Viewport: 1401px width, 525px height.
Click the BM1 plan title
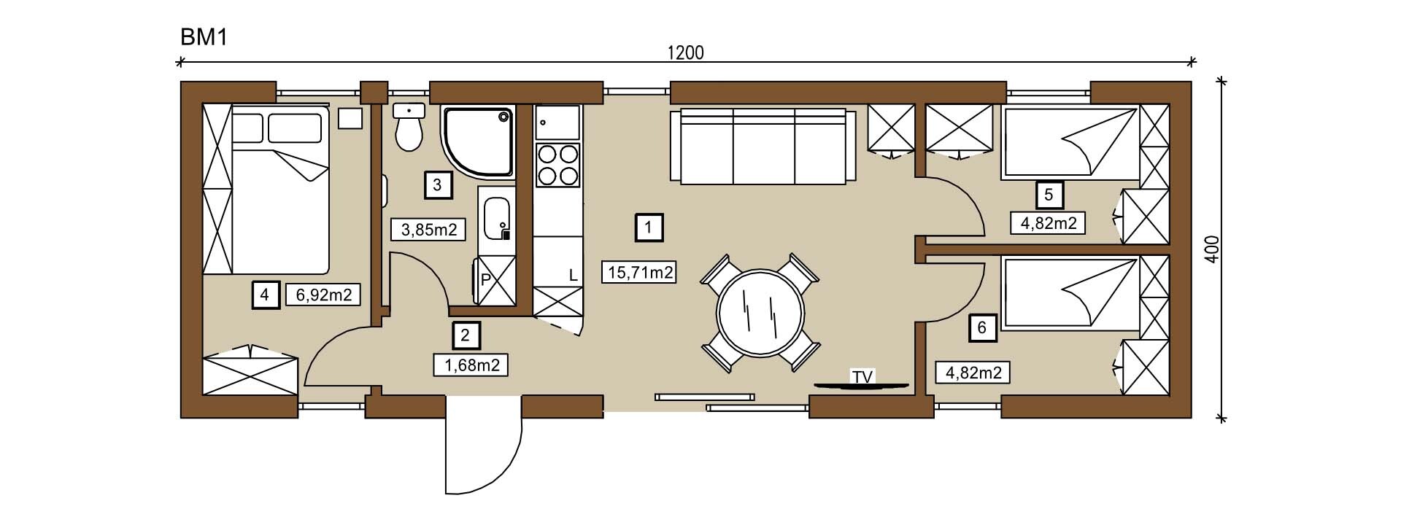click(x=204, y=38)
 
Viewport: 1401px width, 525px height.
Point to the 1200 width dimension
click(x=685, y=52)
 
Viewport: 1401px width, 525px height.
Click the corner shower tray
click(x=479, y=142)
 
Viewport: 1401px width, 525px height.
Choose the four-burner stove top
click(x=557, y=165)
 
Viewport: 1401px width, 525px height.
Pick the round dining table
click(x=760, y=313)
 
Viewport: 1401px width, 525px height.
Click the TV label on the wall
click(x=862, y=377)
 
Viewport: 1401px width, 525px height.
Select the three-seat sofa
click(x=763, y=147)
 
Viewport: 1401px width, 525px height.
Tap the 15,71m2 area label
click(x=638, y=273)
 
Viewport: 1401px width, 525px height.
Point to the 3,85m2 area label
click(x=429, y=230)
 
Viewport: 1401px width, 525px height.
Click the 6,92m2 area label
click(x=324, y=295)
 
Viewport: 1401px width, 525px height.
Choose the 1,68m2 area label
click(x=471, y=365)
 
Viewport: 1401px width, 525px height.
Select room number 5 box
click(x=1049, y=195)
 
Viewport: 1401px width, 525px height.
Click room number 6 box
click(x=982, y=327)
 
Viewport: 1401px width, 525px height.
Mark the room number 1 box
click(x=649, y=227)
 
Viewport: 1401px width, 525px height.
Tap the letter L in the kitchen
click(x=573, y=276)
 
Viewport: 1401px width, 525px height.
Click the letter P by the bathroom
click(x=485, y=279)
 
